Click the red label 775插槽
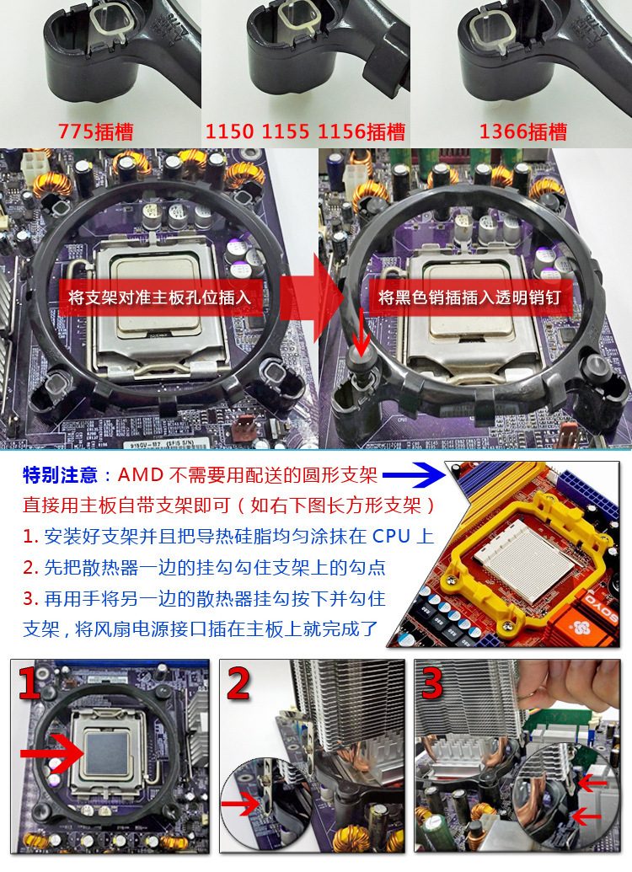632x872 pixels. coord(95,132)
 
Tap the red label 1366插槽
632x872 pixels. coord(522,132)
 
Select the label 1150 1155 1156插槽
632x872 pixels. coord(305,132)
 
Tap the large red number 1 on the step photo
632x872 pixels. coord(30,684)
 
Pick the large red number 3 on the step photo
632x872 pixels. coord(432,684)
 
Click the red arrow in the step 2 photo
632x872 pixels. coord(241,807)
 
